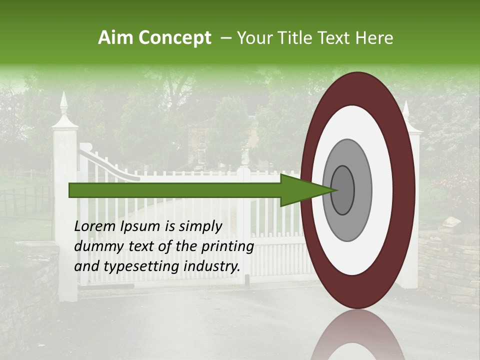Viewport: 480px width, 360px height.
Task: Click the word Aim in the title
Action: (116, 38)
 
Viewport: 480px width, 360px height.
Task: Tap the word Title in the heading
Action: (302, 38)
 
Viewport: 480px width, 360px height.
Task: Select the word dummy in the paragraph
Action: (95, 246)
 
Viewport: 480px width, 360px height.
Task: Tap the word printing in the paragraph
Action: (227, 247)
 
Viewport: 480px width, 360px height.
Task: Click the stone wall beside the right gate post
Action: (447, 260)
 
